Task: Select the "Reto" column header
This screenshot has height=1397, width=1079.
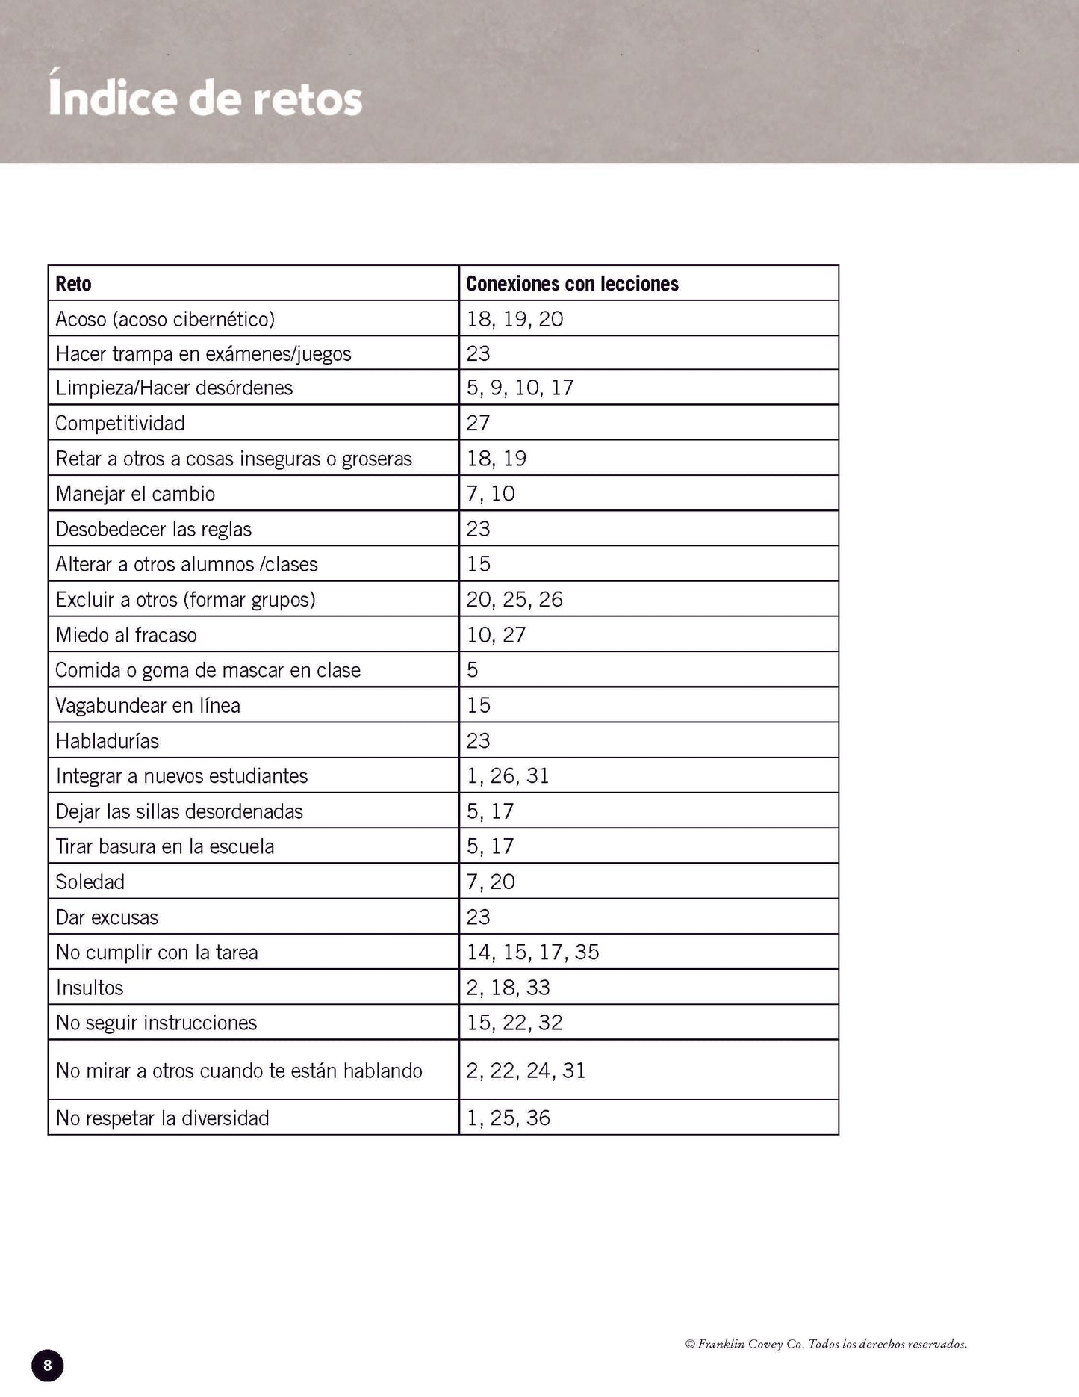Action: [73, 284]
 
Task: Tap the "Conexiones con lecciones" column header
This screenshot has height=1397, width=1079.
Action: [572, 284]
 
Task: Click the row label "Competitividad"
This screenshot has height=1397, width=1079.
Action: [120, 424]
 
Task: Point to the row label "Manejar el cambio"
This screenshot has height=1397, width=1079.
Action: [135, 494]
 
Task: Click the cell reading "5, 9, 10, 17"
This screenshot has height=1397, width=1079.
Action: [520, 388]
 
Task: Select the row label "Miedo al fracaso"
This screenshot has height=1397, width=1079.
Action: [126, 635]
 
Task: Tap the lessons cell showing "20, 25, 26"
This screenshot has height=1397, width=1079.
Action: [514, 600]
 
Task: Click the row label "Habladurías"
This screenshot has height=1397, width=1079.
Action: [107, 741]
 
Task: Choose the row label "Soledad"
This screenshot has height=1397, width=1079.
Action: [90, 882]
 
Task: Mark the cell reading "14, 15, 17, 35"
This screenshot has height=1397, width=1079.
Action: [532, 952]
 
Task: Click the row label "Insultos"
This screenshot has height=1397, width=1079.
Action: [90, 988]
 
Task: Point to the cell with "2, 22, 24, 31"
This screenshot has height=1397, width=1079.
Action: [526, 1071]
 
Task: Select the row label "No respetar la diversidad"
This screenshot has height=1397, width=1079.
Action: [162, 1118]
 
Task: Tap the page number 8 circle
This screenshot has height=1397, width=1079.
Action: [48, 1366]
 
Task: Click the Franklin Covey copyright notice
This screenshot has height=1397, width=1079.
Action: [826, 1344]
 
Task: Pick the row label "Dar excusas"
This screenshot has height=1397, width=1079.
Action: [107, 917]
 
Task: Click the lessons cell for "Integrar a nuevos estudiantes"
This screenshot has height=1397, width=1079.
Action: [508, 776]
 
